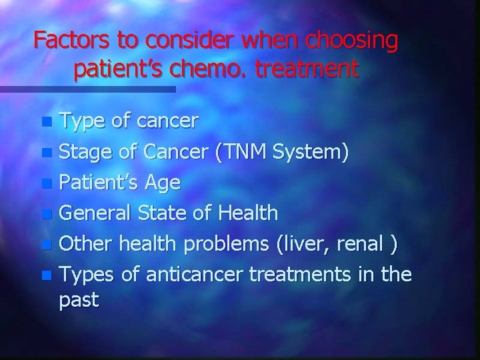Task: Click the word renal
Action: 361,244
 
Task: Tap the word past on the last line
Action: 79,300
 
